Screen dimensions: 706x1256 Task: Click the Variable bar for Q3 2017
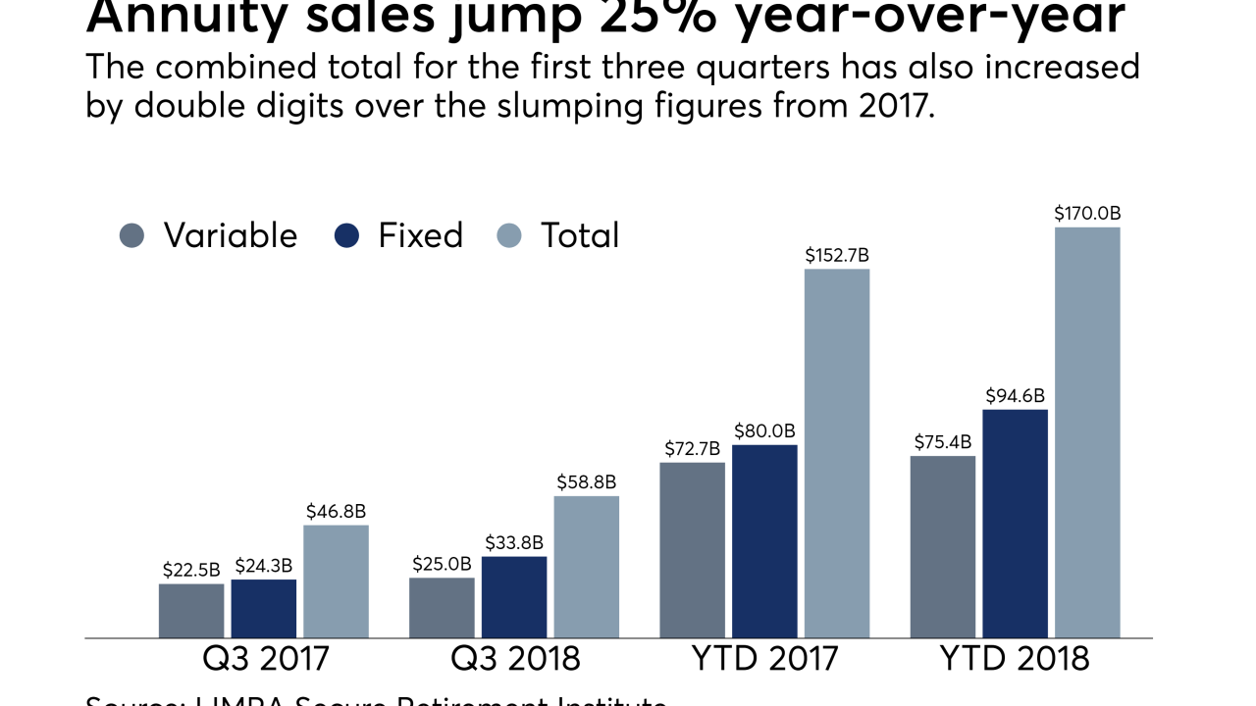click(191, 611)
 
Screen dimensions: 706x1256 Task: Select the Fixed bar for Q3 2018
click(514, 597)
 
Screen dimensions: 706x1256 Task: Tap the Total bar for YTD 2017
click(837, 453)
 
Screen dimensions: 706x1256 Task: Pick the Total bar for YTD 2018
click(1087, 432)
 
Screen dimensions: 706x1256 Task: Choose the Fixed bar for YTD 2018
click(1015, 524)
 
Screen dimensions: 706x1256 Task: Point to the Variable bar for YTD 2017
click(693, 550)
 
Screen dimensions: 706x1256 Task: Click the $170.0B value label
click(1087, 213)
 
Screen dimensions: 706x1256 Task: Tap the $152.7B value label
click(837, 255)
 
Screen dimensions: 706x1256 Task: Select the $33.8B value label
click(514, 542)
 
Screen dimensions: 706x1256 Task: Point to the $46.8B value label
click(336, 511)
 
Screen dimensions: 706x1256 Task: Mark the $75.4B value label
click(943, 441)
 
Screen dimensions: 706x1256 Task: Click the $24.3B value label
click(263, 566)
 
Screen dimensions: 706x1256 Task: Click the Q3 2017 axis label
click(264, 658)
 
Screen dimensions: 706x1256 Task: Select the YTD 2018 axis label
click(1015, 658)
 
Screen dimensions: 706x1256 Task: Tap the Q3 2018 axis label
click(514, 658)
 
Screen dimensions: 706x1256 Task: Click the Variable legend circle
click(131, 235)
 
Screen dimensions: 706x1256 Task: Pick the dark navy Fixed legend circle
click(347, 235)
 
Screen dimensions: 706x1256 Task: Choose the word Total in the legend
click(580, 235)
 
